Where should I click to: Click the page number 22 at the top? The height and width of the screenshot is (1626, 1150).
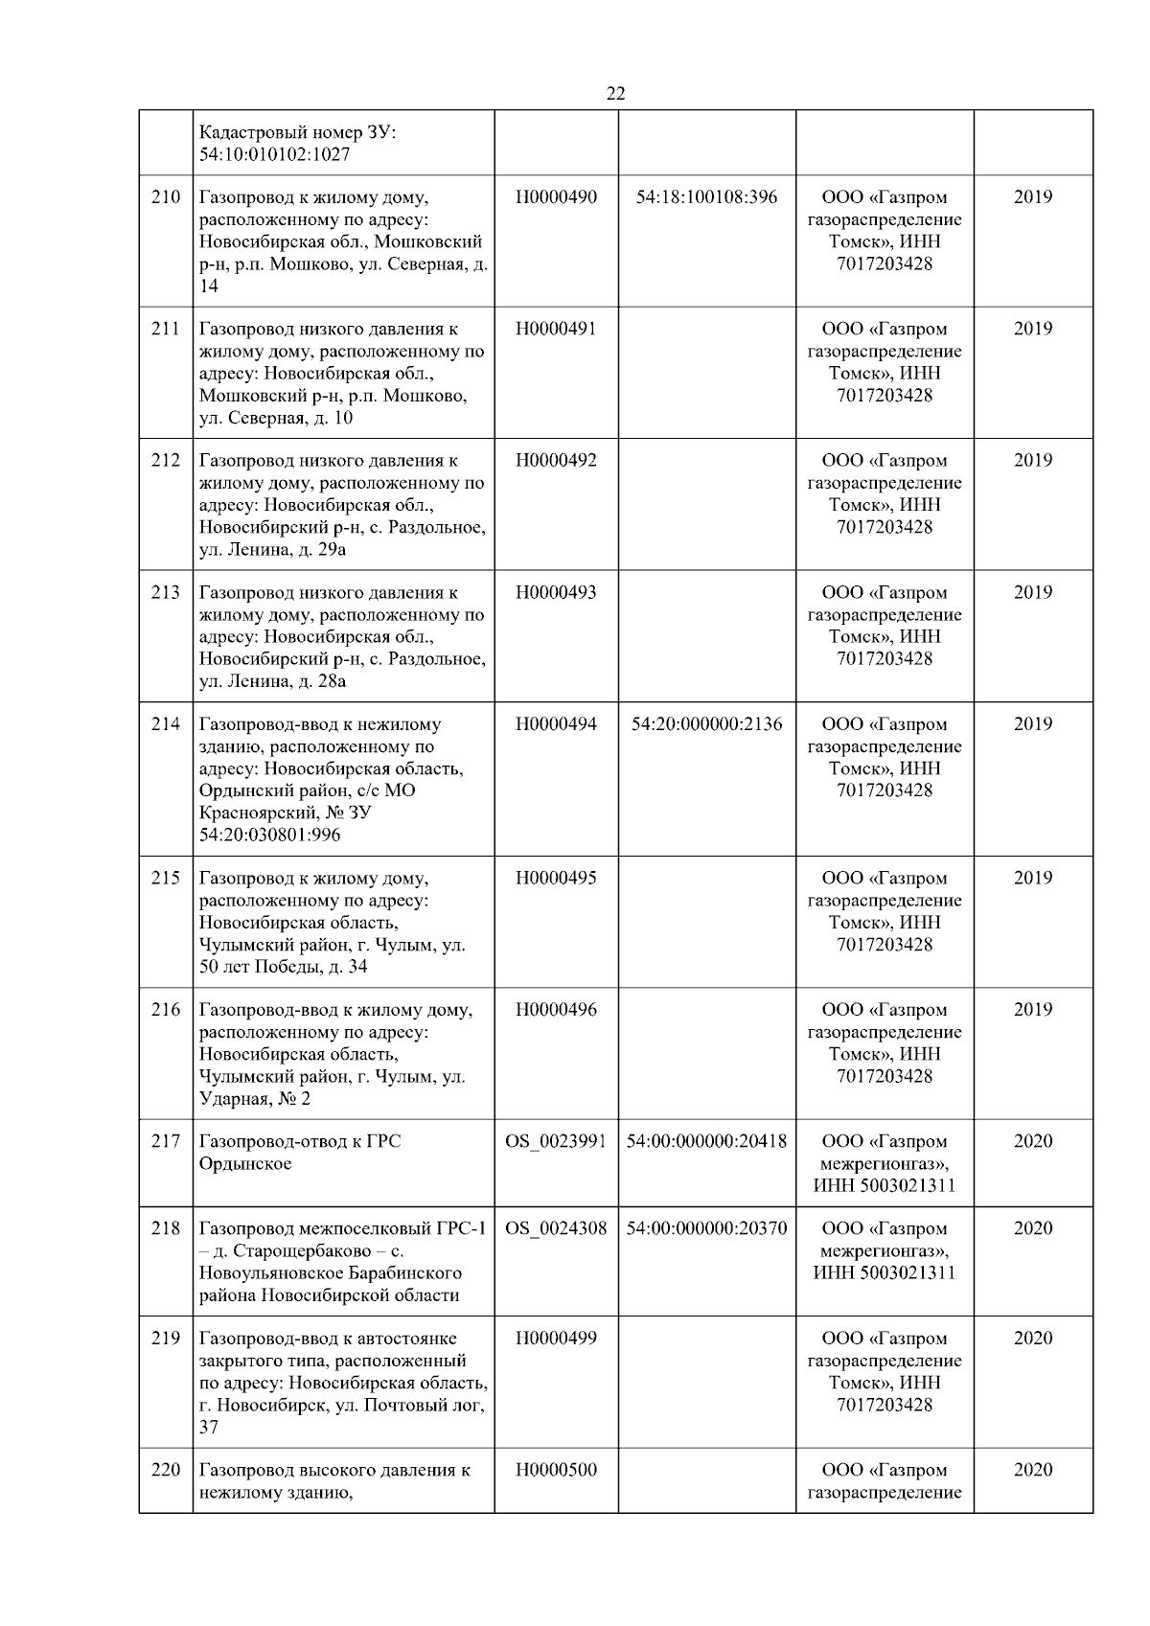click(615, 93)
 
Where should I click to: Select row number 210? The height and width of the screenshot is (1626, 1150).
click(166, 197)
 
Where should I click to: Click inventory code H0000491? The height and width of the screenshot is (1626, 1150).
click(556, 329)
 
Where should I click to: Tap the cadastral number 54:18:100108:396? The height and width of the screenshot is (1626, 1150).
click(706, 197)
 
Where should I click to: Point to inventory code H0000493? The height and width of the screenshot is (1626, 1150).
click(556, 592)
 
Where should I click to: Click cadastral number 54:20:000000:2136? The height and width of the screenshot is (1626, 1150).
click(706, 724)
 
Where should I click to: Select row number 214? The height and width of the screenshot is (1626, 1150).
click(166, 724)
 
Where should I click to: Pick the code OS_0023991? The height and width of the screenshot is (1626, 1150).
click(556, 1141)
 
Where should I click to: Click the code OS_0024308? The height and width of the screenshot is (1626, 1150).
click(556, 1228)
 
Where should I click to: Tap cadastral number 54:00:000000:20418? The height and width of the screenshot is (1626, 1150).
click(706, 1141)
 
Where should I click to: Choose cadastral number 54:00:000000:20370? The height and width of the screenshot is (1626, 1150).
click(706, 1228)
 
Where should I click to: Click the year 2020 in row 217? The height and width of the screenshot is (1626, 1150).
click(1032, 1141)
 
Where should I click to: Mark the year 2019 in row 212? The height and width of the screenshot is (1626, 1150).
click(1032, 460)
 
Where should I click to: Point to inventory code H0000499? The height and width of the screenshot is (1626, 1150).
click(556, 1339)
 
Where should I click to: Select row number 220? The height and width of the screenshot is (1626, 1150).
click(166, 1470)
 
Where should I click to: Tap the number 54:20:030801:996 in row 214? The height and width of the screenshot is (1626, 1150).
click(269, 835)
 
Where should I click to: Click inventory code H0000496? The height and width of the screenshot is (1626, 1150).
click(556, 1010)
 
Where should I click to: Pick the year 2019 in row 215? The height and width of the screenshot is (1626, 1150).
click(1032, 878)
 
